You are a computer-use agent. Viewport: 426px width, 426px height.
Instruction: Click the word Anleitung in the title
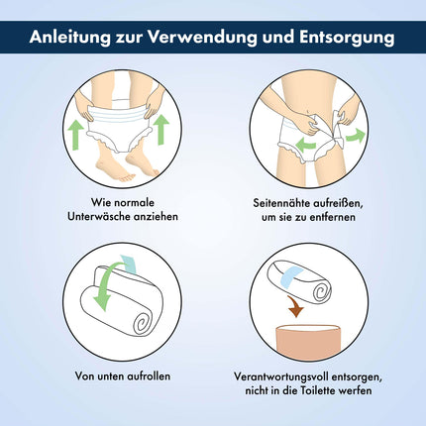(x=70, y=38)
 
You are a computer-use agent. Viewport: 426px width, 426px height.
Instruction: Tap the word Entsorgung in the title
(x=347, y=38)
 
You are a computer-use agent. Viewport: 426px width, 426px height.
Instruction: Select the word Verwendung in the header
(x=202, y=37)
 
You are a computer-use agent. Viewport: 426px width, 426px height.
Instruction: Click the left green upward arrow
(x=75, y=135)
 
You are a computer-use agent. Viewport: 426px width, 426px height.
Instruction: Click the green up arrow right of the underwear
(x=161, y=130)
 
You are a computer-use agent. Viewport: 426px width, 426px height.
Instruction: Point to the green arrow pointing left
(x=305, y=145)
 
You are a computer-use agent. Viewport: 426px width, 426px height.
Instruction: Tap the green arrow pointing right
(x=356, y=137)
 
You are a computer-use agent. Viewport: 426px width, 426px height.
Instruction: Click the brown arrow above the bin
(x=296, y=306)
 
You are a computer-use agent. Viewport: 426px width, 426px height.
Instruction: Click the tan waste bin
(x=308, y=343)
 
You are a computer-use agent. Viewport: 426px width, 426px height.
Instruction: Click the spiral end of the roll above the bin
(x=322, y=291)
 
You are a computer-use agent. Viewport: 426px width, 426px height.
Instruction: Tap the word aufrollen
(x=149, y=375)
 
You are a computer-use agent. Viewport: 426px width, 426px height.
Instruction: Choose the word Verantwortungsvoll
(x=280, y=376)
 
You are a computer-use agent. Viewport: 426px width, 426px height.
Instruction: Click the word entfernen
(x=333, y=217)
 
